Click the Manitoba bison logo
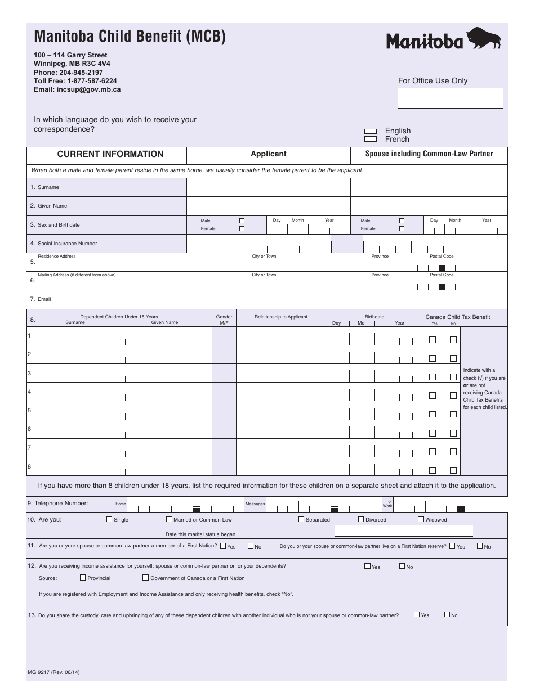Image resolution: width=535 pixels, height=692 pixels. (x=443, y=39)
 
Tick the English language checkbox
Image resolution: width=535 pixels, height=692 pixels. (x=371, y=131)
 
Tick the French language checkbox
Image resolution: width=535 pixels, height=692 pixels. (x=371, y=139)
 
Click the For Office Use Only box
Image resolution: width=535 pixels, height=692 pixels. (x=450, y=98)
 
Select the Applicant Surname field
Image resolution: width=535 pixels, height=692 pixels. (x=268, y=187)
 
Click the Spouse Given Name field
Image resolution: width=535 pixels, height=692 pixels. (x=429, y=206)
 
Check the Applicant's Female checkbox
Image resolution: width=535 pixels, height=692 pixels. (x=242, y=229)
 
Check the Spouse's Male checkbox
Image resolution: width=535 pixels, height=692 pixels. (x=402, y=221)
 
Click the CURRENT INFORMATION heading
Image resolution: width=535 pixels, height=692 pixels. (x=110, y=154)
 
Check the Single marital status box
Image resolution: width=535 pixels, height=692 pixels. (x=109, y=519)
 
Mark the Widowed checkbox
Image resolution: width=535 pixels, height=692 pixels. (x=421, y=519)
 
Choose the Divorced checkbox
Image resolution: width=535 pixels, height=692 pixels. (x=361, y=519)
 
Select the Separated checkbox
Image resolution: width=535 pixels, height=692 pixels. (x=301, y=519)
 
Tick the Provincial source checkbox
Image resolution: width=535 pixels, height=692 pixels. (x=83, y=577)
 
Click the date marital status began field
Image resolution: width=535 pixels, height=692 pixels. (x=403, y=531)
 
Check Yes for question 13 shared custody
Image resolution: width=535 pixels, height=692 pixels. (x=417, y=614)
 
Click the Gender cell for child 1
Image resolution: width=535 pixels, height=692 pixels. (x=224, y=336)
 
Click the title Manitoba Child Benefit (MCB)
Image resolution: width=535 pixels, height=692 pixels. (x=130, y=37)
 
